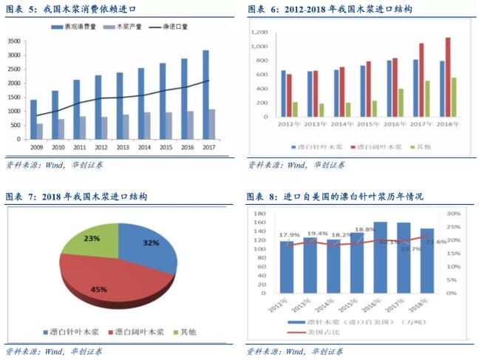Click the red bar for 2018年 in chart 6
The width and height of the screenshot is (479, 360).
(x=447, y=78)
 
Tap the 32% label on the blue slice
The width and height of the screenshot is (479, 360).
(x=151, y=243)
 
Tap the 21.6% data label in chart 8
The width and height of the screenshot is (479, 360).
(x=436, y=242)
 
